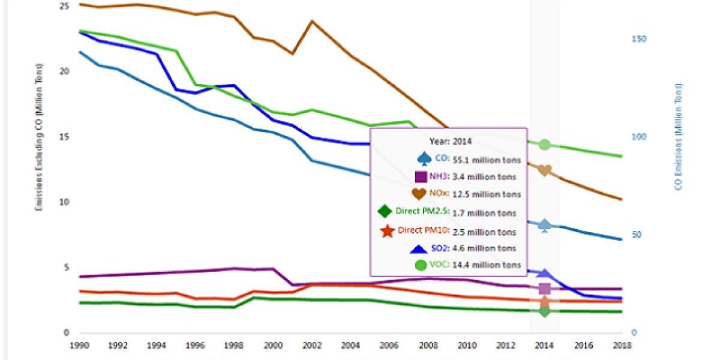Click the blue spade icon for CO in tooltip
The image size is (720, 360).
424,158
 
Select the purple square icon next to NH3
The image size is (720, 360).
421,176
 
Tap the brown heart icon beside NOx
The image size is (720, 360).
419,194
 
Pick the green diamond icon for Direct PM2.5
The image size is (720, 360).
385,212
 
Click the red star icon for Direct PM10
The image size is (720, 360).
387,230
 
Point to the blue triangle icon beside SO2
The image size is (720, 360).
418,248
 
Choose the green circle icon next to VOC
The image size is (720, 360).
421,265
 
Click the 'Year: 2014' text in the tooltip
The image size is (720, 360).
450,142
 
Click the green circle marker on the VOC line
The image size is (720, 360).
545,145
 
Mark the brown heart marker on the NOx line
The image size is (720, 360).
545,171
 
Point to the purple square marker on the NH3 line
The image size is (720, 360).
545,289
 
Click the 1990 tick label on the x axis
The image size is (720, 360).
79,346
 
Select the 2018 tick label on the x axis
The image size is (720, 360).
621,346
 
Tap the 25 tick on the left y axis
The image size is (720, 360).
65,6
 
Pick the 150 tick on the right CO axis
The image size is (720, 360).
639,38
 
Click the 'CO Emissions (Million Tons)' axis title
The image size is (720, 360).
679,137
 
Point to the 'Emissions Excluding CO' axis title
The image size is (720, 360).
39,137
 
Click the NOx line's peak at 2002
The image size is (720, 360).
311,21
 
